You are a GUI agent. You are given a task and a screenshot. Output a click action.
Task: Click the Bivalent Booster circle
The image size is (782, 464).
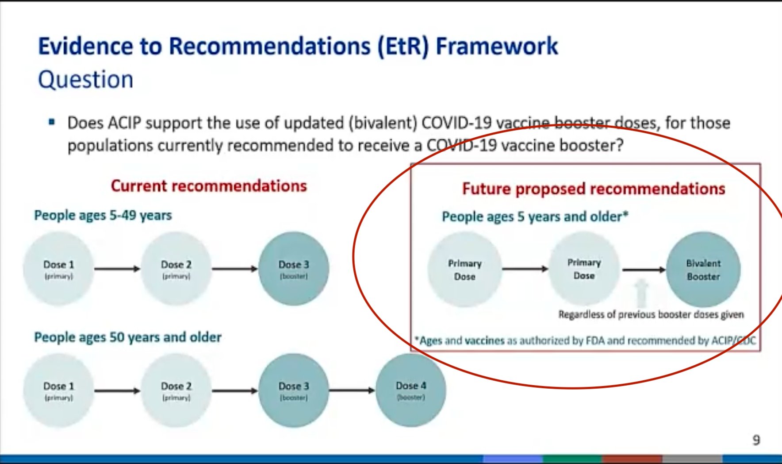coord(703,269)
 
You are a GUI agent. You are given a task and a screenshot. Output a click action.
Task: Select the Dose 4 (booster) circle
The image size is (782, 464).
coord(411,391)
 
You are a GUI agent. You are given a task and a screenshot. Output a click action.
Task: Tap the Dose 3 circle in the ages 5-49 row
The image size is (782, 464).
coord(294,269)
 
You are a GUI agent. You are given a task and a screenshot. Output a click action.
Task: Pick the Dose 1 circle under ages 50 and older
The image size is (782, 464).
coord(59,391)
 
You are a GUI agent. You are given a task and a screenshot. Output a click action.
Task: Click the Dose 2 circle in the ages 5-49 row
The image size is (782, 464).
coord(176,269)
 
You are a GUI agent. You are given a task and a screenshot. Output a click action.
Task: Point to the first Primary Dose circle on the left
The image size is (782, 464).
coord(464,269)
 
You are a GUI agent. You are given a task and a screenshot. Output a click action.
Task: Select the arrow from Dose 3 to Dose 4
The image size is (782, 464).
coord(353,391)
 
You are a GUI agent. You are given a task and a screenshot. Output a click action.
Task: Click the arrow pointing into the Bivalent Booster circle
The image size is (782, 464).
coord(644,269)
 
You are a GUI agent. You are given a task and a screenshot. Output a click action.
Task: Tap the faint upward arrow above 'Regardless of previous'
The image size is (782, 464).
coord(641,293)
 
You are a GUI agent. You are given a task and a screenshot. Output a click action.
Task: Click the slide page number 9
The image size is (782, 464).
coord(756,440)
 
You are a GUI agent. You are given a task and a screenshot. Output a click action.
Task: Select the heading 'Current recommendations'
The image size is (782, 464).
coord(209,186)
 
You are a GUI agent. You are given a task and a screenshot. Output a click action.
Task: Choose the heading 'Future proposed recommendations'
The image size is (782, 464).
coord(594,189)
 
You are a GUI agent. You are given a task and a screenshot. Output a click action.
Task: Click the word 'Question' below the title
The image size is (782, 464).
coord(86,80)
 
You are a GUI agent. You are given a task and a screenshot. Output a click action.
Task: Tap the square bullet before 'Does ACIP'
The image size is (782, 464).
coord(52,122)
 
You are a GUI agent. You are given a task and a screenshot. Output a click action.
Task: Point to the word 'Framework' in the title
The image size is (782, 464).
coord(497,46)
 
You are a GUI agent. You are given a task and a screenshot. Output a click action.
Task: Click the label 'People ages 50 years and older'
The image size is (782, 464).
coord(128,337)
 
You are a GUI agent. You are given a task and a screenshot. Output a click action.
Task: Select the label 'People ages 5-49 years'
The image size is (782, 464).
coord(103,216)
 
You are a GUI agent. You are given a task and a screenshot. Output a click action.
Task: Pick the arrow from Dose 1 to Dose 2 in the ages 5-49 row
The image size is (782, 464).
coord(117,269)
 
